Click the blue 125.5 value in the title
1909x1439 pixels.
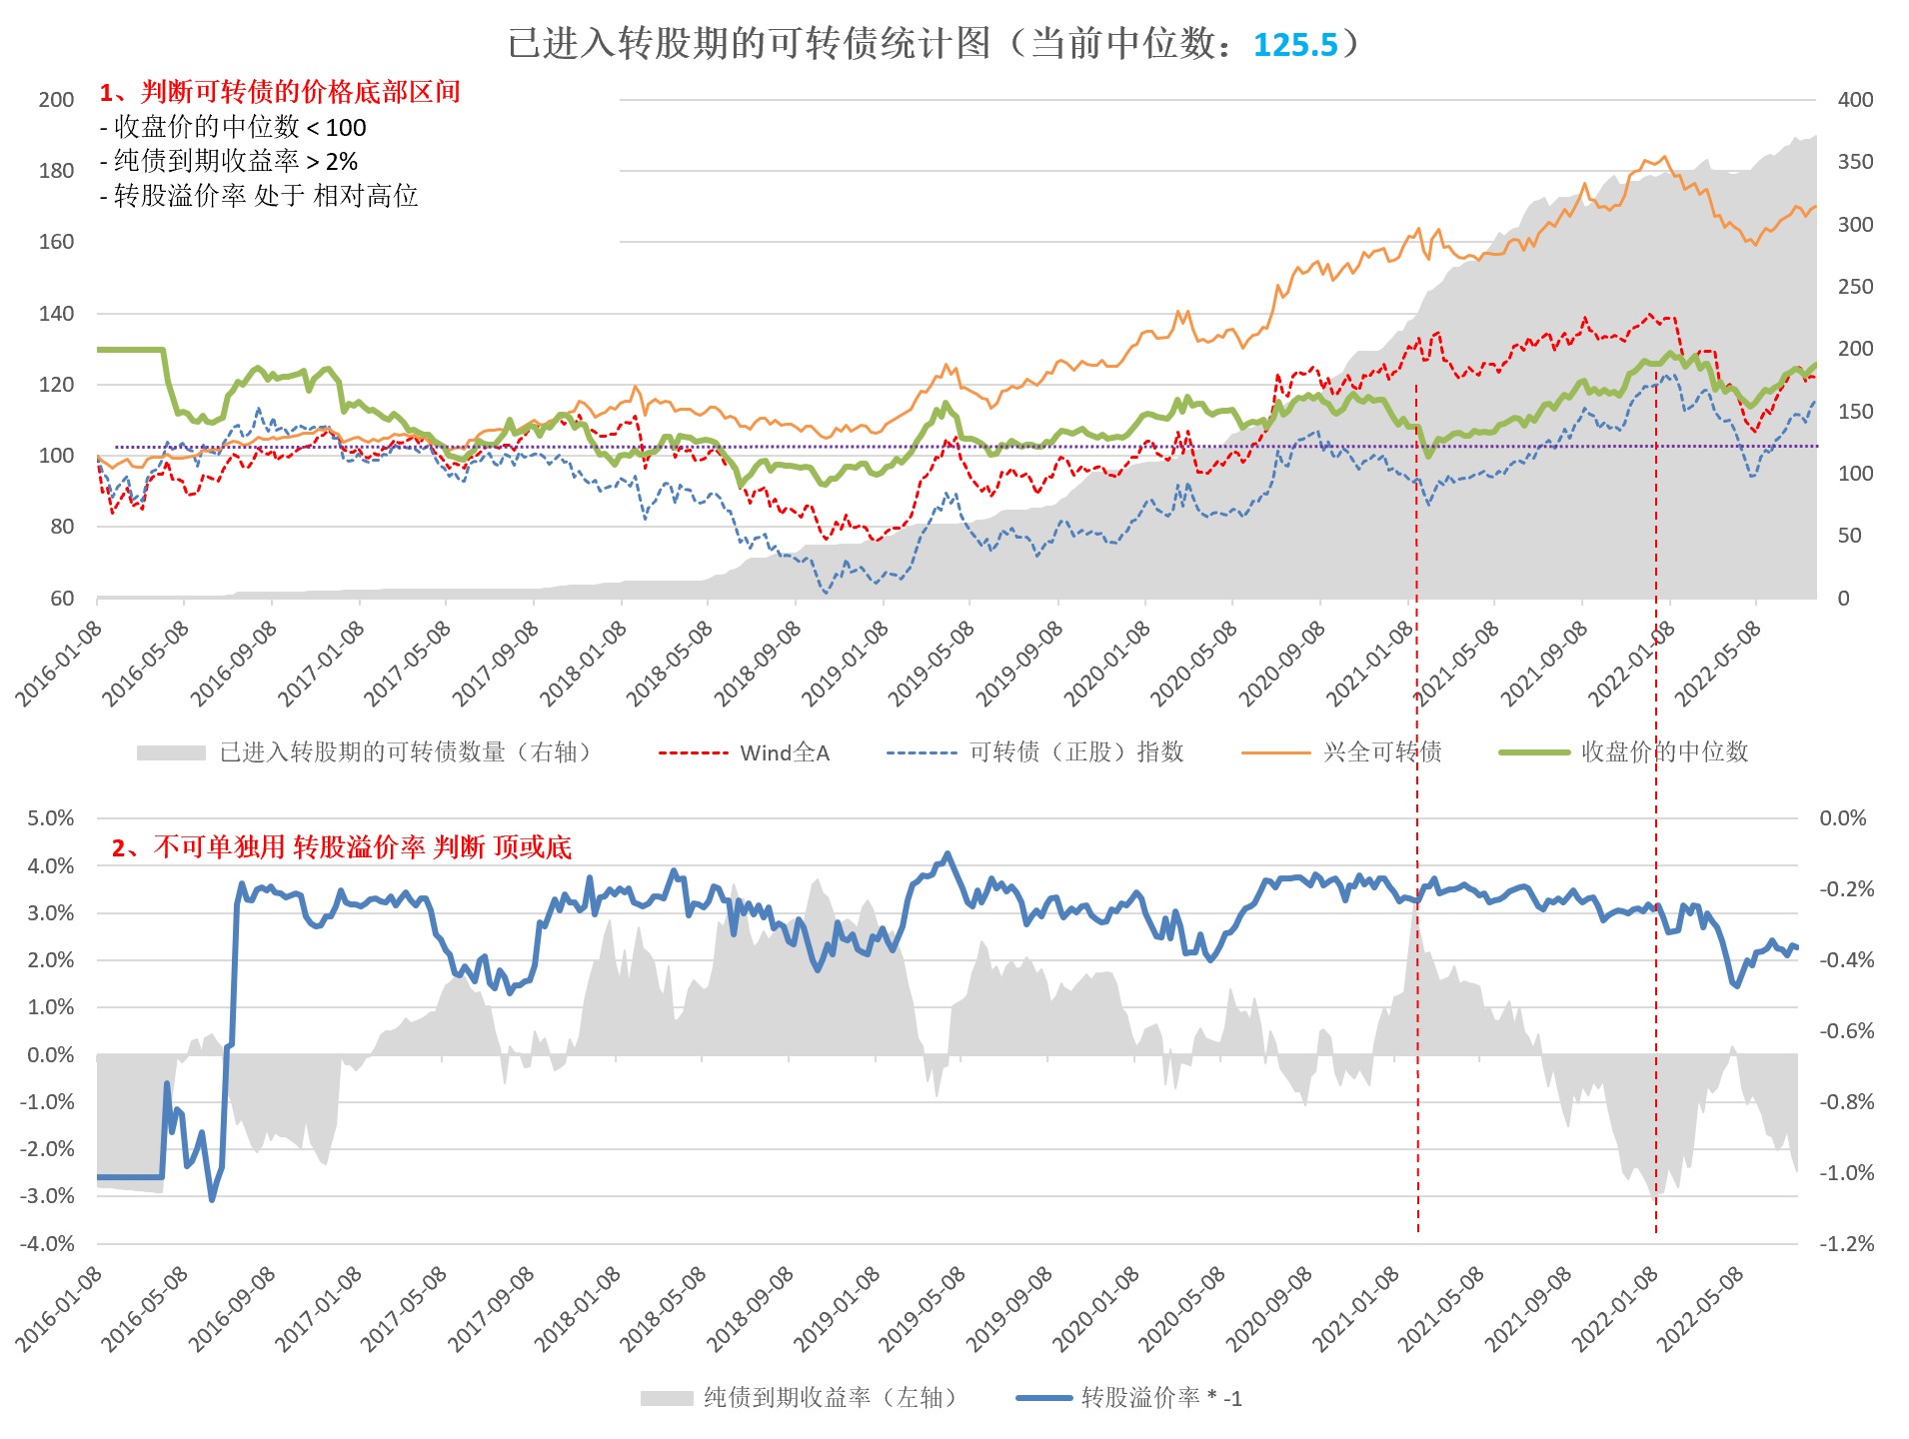tap(1294, 45)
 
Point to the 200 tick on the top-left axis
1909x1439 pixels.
tap(56, 100)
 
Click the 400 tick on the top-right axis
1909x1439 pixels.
tap(1855, 100)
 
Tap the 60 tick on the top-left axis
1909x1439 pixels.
tap(62, 598)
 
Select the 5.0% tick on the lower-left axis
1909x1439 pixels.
tap(50, 818)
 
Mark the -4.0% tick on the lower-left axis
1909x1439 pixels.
tap(47, 1244)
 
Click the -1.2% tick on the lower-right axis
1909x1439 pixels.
tap(1846, 1244)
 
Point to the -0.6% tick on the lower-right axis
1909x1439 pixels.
tap(1846, 1031)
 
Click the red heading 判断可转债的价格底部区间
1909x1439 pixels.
tap(280, 92)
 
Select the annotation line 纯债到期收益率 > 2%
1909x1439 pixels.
tap(229, 161)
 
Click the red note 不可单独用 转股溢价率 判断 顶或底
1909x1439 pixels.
tap(341, 847)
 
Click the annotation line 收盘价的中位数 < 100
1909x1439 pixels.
tap(233, 127)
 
